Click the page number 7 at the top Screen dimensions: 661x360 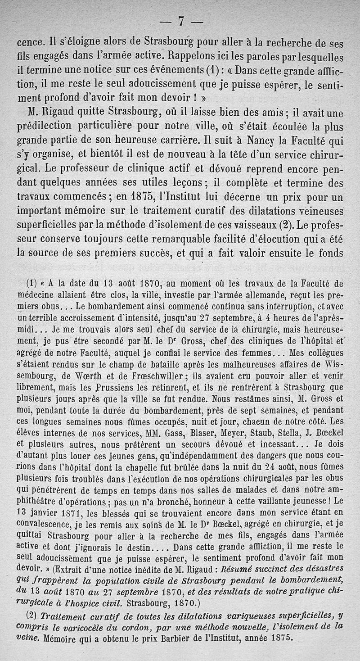[180, 21]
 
